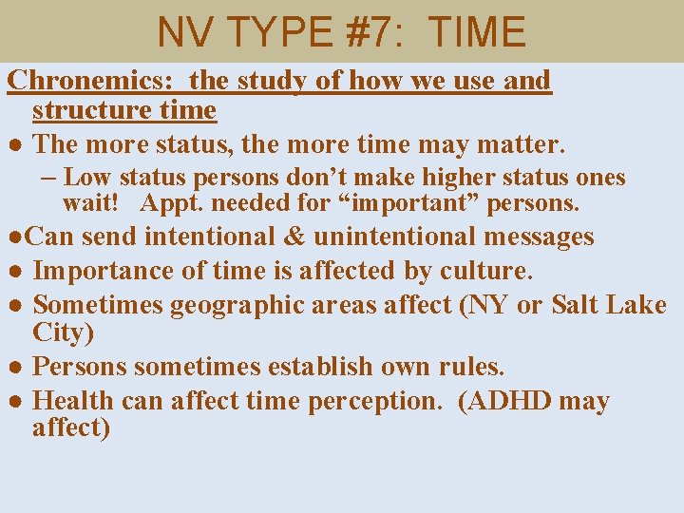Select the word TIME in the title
point(477,31)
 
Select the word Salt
point(580,305)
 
